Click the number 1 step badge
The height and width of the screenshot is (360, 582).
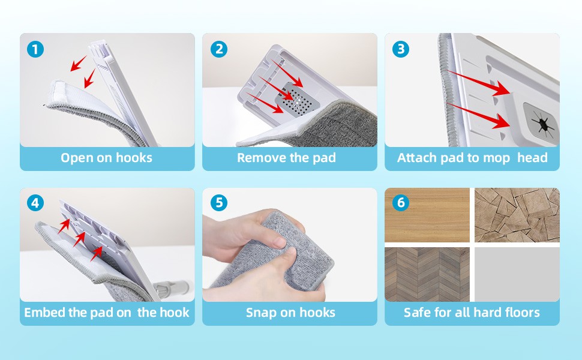(35, 49)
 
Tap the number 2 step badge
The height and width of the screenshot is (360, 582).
(219, 49)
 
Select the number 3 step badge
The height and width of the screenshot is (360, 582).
(401, 49)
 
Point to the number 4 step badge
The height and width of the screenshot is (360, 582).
(35, 203)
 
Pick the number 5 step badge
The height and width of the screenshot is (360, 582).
(219, 203)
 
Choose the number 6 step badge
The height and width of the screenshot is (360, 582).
(401, 203)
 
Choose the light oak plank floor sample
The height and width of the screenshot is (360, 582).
(427, 215)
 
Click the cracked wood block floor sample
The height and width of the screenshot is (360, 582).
(517, 215)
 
